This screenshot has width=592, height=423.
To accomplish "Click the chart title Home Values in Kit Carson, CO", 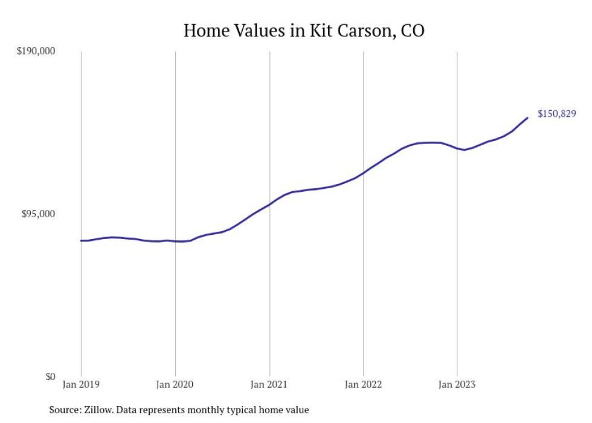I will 304,30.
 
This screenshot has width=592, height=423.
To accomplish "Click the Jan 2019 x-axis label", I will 81,384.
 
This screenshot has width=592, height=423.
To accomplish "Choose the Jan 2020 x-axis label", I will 175,384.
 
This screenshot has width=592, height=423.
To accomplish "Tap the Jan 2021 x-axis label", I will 269,384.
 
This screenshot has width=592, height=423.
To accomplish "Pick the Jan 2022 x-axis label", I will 363,384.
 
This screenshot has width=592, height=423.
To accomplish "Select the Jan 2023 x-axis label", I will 457,384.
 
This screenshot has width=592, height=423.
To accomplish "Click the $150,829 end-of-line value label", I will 556,113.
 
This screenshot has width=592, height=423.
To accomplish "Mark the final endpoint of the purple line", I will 528,117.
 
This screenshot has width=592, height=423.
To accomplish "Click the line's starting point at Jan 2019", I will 81,241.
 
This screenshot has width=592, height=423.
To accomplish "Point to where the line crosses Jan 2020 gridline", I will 175,241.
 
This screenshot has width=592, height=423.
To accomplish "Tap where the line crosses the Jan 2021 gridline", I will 269,204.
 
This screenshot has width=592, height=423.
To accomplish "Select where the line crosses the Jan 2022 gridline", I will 363,172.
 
